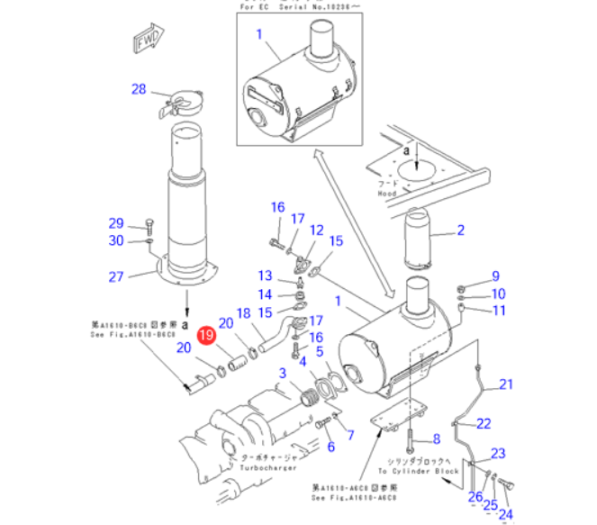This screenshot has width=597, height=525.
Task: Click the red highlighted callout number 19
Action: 207,336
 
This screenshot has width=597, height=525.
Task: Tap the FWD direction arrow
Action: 146,41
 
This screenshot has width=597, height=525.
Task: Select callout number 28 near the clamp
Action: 138,89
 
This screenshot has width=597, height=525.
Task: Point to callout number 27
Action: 115,276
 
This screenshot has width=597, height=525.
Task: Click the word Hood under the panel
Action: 387,194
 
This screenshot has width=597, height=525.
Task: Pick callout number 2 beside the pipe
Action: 461,231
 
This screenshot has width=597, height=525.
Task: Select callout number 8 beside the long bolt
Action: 436,439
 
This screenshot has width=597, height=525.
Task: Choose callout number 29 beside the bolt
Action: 116,223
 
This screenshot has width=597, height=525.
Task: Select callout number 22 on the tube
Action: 484,423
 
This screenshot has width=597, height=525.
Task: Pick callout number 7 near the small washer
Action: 350,437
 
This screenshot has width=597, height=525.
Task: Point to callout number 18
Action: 242,313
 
